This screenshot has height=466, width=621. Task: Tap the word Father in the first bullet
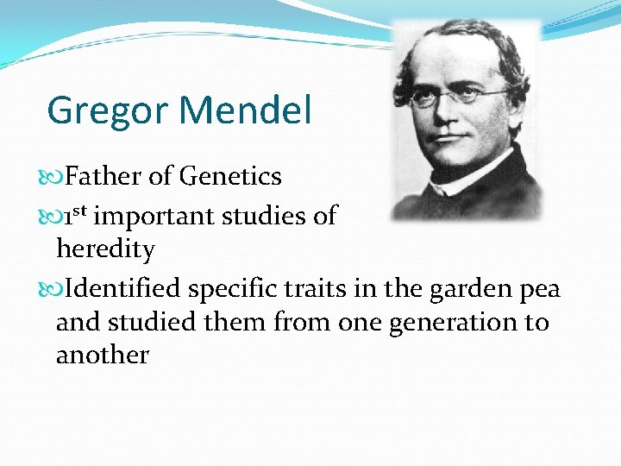click(x=103, y=176)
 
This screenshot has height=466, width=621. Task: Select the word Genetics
click(x=230, y=176)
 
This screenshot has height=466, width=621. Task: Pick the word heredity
click(x=105, y=249)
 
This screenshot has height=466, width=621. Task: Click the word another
click(x=102, y=355)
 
